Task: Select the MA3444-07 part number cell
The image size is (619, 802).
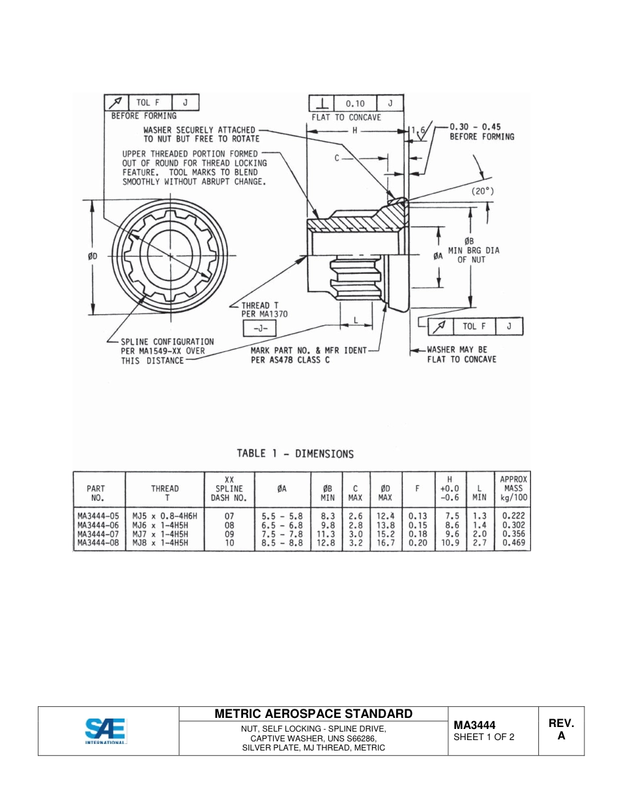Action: (98, 533)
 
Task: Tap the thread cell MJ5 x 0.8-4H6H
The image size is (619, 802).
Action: (164, 515)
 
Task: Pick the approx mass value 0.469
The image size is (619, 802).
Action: (513, 542)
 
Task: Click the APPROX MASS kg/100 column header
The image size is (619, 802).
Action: (513, 488)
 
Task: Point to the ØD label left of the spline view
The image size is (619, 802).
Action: (94, 257)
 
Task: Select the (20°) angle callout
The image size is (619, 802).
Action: (483, 192)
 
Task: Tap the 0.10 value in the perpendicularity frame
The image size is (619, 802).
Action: (355, 103)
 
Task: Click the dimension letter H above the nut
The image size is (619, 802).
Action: (354, 131)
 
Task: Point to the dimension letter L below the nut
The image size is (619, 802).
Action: (355, 321)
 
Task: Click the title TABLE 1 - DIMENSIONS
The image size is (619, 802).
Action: (295, 454)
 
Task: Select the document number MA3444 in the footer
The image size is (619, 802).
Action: (475, 725)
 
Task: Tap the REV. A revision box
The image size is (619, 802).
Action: (561, 730)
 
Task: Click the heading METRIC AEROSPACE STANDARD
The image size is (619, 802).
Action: (313, 714)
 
